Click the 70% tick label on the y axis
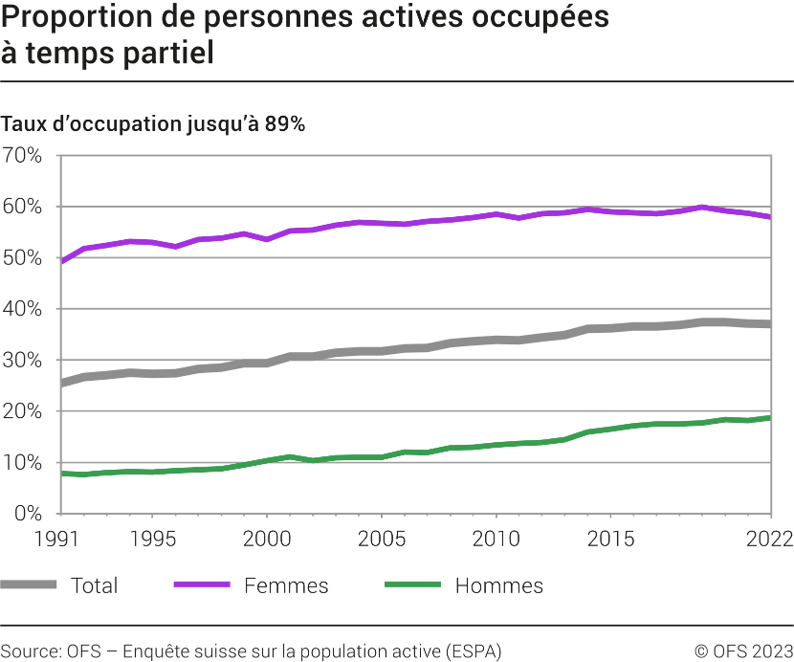pos(22,155)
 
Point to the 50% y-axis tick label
pos(22,257)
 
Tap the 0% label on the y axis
pos(27,513)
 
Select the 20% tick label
pos(22,410)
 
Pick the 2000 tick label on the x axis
pos(266,538)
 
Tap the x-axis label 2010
pos(496,538)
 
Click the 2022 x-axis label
pos(771,538)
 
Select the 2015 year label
pos(610,538)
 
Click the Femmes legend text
pos(286,585)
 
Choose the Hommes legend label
pos(498,585)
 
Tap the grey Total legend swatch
pos(29,585)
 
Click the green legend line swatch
pos(412,585)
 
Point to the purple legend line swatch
pos(202,585)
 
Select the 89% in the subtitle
pos(284,124)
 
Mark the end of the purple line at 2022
pos(770,217)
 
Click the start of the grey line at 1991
pos(61,383)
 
